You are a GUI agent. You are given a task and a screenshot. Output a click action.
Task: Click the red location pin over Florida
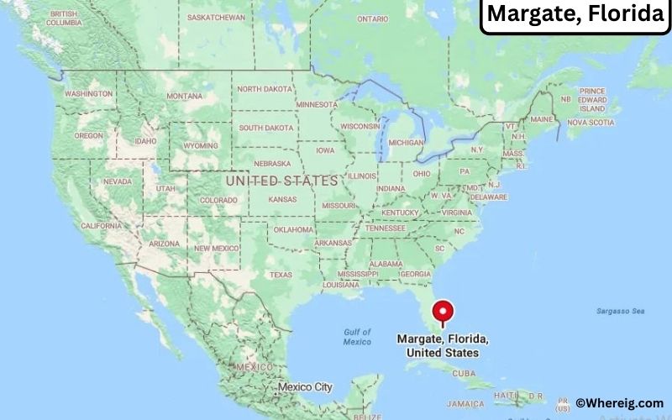[x=442, y=310]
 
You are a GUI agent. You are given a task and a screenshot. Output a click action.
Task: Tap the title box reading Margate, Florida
[x=575, y=15]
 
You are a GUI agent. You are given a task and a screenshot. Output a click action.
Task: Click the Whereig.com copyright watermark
[x=619, y=404]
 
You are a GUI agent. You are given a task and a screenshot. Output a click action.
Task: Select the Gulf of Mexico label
[x=357, y=337]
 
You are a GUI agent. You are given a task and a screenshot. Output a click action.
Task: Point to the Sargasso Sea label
[x=621, y=312]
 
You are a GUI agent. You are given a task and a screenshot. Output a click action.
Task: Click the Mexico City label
[x=305, y=387]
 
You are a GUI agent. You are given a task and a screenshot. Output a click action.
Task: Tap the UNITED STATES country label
[x=281, y=181]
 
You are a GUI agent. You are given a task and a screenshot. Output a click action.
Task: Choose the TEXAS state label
[x=281, y=275]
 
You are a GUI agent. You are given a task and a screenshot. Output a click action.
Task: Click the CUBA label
[x=464, y=373]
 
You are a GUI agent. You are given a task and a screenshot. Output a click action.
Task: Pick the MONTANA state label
[x=184, y=97]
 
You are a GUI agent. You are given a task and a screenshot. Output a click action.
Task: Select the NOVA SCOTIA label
[x=591, y=123]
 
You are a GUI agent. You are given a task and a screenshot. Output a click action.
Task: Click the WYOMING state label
[x=200, y=145]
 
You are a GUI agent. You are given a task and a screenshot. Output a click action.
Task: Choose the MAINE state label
[x=542, y=119]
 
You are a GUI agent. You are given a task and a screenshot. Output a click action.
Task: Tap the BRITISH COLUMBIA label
[x=64, y=18]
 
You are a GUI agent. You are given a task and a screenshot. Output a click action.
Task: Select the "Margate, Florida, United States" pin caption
[x=442, y=346]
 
